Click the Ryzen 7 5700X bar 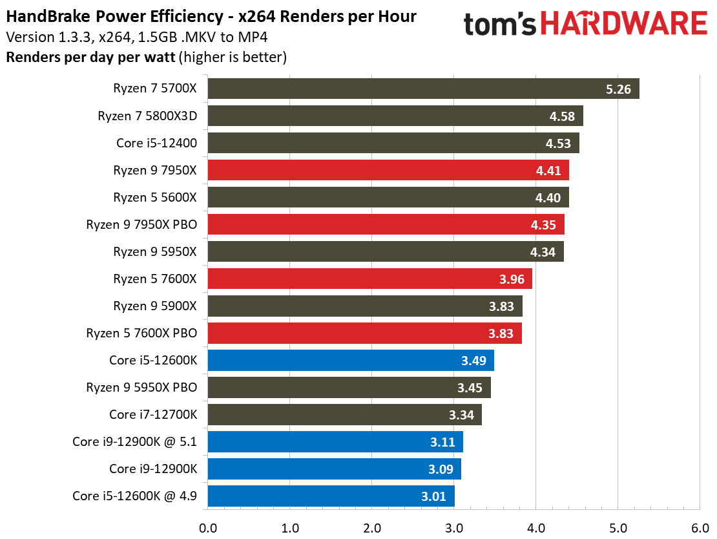[423, 89]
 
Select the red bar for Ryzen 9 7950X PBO [386, 225]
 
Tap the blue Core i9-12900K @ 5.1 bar [335, 442]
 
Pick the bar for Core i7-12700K [344, 415]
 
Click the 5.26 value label [618, 89]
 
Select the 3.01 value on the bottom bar [433, 496]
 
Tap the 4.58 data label [562, 116]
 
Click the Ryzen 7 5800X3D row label [147, 116]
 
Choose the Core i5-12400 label [156, 143]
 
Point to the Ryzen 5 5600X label [154, 198]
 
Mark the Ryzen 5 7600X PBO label [141, 333]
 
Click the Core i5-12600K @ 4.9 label [134, 496]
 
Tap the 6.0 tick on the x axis [700, 527]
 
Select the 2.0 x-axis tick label [372, 527]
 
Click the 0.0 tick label [208, 527]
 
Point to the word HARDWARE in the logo [623, 25]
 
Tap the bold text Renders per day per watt [90, 57]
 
